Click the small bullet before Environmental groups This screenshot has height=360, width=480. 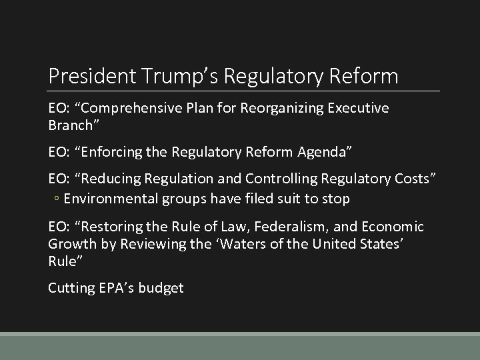pyautogui.click(x=57, y=199)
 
